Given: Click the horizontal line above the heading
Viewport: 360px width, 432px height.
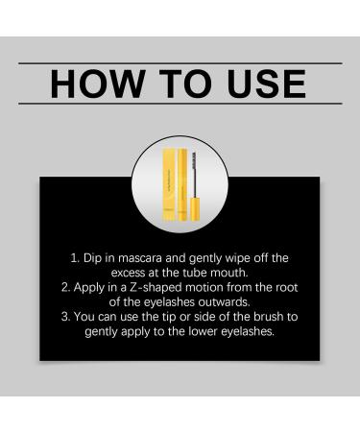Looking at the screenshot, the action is tap(180, 63).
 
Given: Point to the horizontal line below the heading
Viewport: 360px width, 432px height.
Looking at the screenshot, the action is tap(180, 104).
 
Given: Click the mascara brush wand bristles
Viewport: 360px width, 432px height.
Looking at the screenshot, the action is tap(194, 160).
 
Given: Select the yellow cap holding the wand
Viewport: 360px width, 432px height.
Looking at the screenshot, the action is tap(195, 209).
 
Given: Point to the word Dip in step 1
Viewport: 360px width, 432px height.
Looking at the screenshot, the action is tap(92, 258).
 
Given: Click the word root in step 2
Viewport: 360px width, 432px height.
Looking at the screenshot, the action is tap(287, 287).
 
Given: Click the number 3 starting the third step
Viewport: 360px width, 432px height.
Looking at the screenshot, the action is tap(65, 317).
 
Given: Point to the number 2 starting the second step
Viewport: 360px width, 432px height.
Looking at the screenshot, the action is tap(65, 287).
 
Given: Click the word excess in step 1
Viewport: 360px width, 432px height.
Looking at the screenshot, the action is tap(128, 273).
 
